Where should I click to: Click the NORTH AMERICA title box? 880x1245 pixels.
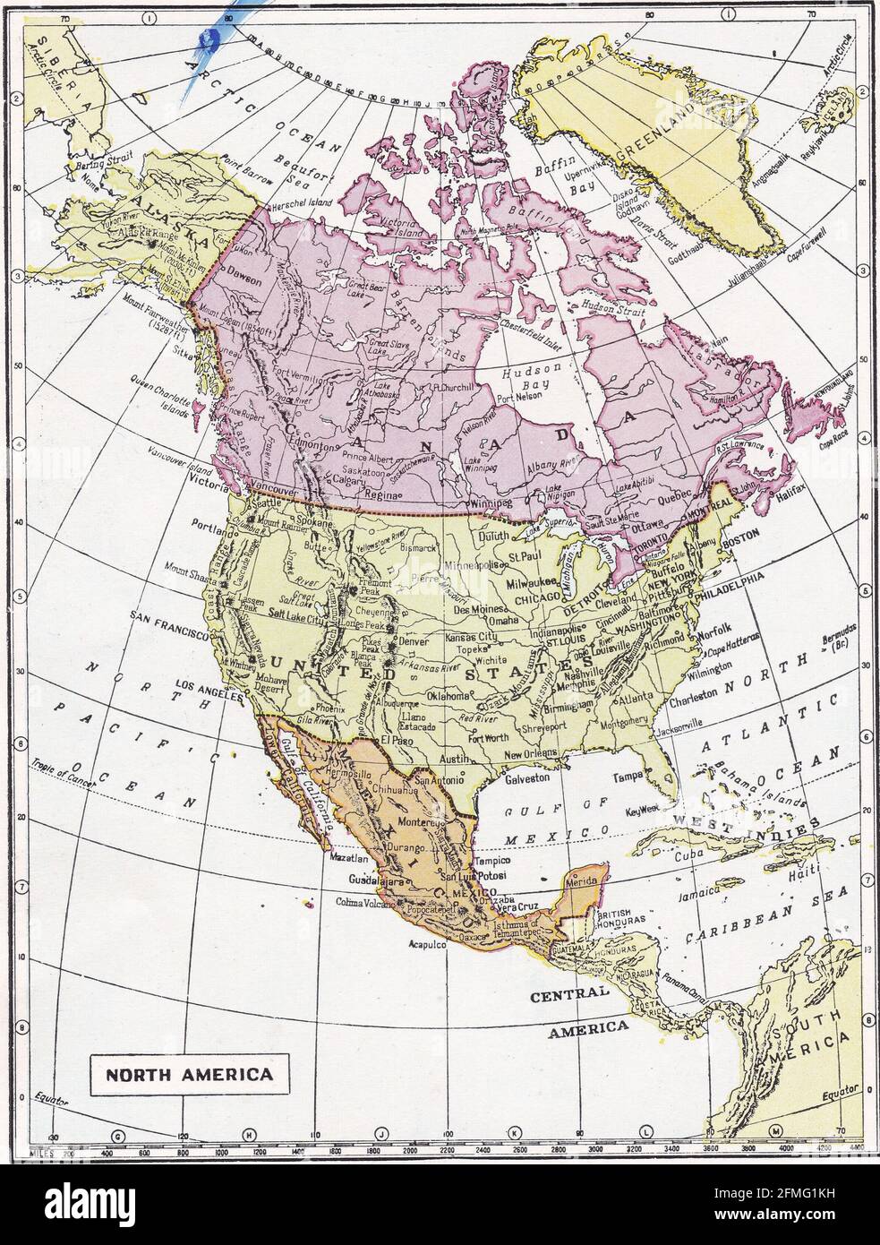click(187, 1072)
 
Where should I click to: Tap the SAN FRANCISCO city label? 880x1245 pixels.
click(169, 616)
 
